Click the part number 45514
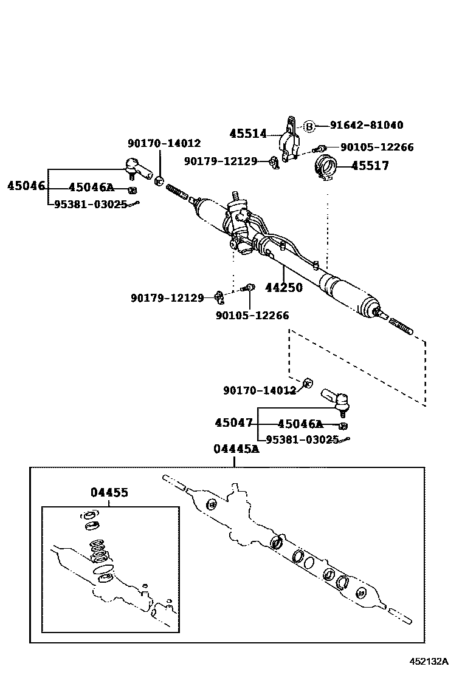[x=247, y=134]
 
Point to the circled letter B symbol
[x=309, y=126]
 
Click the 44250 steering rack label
[x=283, y=288]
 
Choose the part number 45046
[x=26, y=186]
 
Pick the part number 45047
[x=233, y=422]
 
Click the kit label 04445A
[x=236, y=449]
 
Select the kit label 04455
[x=109, y=492]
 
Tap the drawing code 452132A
[x=428, y=661]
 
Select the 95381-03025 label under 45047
[x=298, y=439]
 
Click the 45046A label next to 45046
[x=91, y=188]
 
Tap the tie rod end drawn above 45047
[x=334, y=398]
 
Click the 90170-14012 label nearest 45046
[x=164, y=143]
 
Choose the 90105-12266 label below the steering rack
[x=252, y=315]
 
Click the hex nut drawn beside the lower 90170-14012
[x=307, y=382]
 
